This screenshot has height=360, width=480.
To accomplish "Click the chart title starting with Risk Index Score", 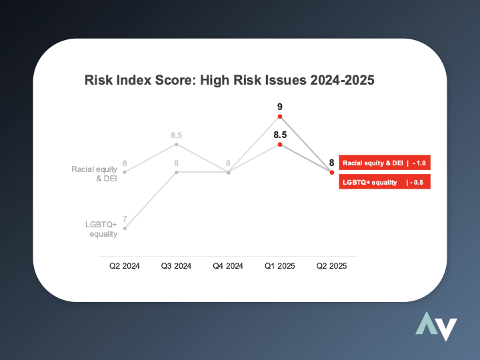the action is (x=229, y=80).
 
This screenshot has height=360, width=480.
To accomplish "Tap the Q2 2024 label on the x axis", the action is (x=124, y=266).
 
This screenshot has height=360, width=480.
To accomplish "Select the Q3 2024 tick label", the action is (x=176, y=266).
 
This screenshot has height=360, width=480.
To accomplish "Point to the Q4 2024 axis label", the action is (x=228, y=266).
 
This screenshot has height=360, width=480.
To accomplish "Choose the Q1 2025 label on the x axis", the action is (x=280, y=266).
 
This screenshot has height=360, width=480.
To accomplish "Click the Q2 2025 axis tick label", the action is (x=331, y=266).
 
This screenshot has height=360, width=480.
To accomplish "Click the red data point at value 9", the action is (x=280, y=116).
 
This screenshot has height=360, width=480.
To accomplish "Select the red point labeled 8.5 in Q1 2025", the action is (x=280, y=145).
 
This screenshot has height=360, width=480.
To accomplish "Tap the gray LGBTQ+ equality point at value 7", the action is (x=125, y=229).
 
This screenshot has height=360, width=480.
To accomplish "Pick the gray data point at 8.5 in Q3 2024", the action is (x=176, y=145).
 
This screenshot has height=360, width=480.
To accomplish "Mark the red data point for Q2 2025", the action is (x=332, y=173).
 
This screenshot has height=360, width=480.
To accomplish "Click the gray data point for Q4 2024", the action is (x=229, y=173).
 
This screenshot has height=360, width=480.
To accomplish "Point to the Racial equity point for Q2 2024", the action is (x=125, y=173).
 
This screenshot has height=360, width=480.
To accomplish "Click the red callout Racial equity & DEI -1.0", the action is (x=385, y=163).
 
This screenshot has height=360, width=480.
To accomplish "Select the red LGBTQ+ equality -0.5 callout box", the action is (x=385, y=182).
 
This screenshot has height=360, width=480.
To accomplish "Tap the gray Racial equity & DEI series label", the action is (x=94, y=173).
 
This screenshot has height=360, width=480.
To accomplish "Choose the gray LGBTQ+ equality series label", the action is (x=101, y=229).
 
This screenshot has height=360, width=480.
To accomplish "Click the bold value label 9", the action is (x=280, y=107).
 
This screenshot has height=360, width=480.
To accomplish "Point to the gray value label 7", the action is (x=125, y=219).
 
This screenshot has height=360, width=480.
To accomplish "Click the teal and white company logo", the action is (x=436, y=326).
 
